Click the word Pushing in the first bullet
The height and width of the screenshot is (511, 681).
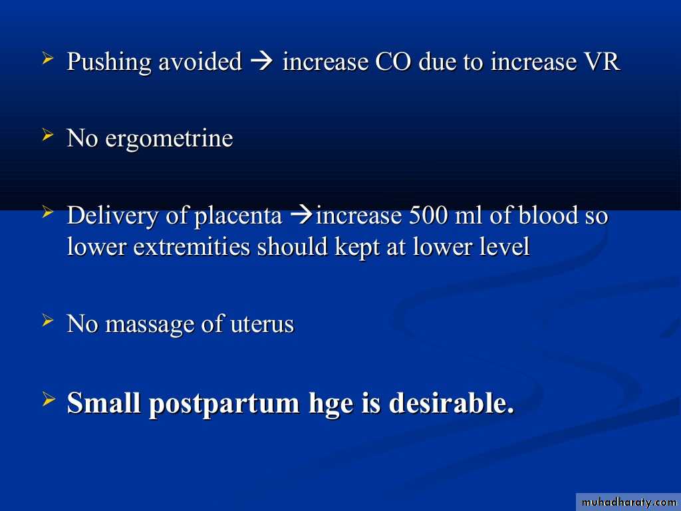click(x=109, y=63)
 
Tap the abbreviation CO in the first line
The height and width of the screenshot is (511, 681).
click(x=392, y=61)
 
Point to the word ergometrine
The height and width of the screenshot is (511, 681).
click(x=169, y=139)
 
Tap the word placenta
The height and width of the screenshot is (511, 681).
click(x=238, y=217)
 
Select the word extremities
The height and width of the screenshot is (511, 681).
click(x=192, y=247)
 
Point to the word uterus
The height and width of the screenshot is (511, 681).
click(x=262, y=325)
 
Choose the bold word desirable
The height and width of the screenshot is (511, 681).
click(x=452, y=403)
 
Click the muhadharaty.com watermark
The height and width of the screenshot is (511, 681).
click(x=628, y=502)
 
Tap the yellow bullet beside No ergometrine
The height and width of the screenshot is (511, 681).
click(x=48, y=135)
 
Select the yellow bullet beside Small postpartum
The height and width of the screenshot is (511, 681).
click(x=48, y=399)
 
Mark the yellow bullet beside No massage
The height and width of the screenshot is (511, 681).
click(x=48, y=321)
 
